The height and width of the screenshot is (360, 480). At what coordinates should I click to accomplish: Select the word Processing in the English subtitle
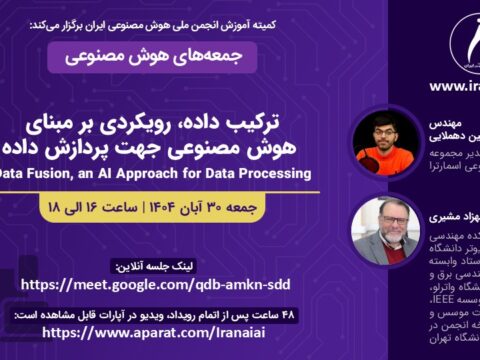tap(272, 172)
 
